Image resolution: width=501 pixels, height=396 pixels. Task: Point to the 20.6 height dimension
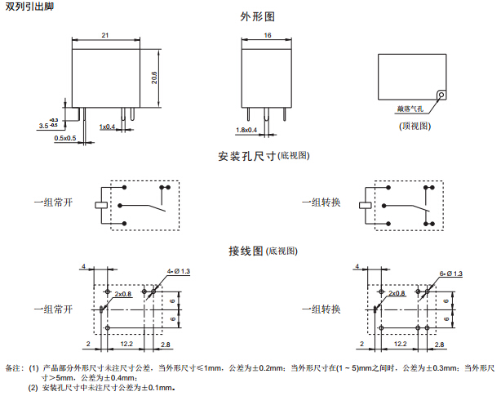pos(154,77)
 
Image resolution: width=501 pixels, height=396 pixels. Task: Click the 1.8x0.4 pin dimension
pos(246,130)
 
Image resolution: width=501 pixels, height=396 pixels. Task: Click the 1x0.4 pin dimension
pos(108,127)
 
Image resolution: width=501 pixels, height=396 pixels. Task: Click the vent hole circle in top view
pos(441,95)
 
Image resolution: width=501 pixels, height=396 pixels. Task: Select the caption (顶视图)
pos(415,125)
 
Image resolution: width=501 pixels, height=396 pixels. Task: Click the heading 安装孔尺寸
pos(247,155)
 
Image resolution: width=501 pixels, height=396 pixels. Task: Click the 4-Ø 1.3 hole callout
pos(178,271)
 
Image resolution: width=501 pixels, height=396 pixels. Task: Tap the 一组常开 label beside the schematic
pos(53,202)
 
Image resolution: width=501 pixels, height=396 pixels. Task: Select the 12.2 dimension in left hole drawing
pos(127,345)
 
